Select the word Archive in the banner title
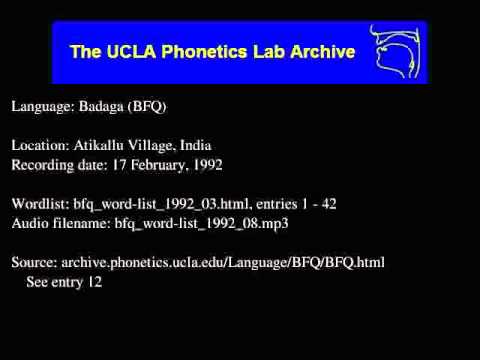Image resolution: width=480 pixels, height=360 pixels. pyautogui.click(x=322, y=50)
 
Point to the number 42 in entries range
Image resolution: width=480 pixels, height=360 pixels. pyautogui.click(x=329, y=204)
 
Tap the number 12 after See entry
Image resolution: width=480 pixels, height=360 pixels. pyautogui.click(x=96, y=282)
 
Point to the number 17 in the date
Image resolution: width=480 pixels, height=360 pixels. pyautogui.click(x=127, y=164)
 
